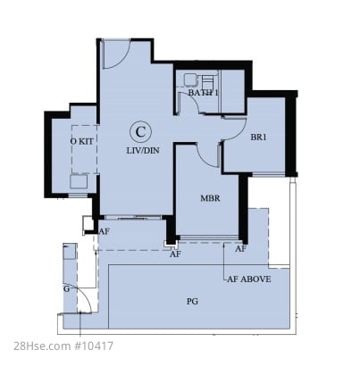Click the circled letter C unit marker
click(140, 131)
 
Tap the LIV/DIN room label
click(143, 151)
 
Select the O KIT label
click(82, 141)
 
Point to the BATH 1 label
click(203, 93)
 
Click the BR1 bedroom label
click(258, 137)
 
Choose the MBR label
click(210, 198)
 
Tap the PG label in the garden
click(192, 302)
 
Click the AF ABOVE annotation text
click(249, 279)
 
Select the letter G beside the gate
click(66, 288)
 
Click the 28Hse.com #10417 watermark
click(63, 346)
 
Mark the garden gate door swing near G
click(88, 297)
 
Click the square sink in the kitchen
click(79, 181)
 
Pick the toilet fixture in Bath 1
click(208, 79)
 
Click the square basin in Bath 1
click(189, 79)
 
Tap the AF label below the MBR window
click(240, 249)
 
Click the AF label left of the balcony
click(105, 231)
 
